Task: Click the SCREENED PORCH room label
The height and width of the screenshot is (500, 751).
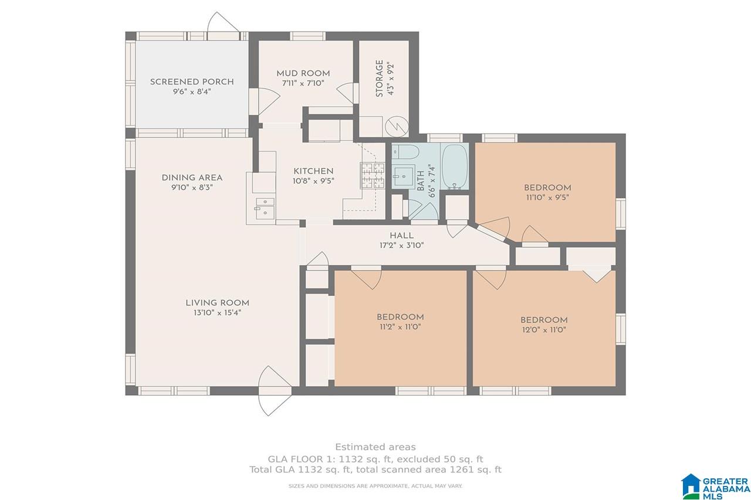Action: tap(192, 81)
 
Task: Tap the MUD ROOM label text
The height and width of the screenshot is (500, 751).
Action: tap(303, 73)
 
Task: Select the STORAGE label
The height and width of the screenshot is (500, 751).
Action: tap(380, 79)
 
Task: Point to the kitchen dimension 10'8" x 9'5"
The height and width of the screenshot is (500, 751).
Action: tap(313, 181)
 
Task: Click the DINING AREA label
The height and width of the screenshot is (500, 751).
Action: tap(192, 178)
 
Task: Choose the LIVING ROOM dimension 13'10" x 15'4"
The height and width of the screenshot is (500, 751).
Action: tap(217, 313)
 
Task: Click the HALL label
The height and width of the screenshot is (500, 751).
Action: tap(401, 236)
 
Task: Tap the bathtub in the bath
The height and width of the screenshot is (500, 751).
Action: tap(455, 168)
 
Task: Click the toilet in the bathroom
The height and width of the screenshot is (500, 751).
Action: tap(405, 154)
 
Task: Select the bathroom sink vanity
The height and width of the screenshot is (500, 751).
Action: tap(403, 176)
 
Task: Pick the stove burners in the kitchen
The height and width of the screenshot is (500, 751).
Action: tap(372, 175)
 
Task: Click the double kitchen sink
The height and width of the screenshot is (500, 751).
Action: tap(265, 208)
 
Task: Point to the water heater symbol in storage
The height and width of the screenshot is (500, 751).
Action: tap(397, 127)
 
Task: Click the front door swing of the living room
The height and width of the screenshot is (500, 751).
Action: tap(275, 391)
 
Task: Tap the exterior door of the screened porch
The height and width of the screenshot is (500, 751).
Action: tap(224, 23)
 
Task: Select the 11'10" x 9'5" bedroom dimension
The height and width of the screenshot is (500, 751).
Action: tap(547, 198)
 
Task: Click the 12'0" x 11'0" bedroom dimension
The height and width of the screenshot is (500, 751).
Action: tap(544, 330)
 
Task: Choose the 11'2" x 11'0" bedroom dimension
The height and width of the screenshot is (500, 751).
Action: tap(400, 327)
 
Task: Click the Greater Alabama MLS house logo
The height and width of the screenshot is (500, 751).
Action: tap(691, 487)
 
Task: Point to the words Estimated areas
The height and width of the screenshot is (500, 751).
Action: tap(375, 447)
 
